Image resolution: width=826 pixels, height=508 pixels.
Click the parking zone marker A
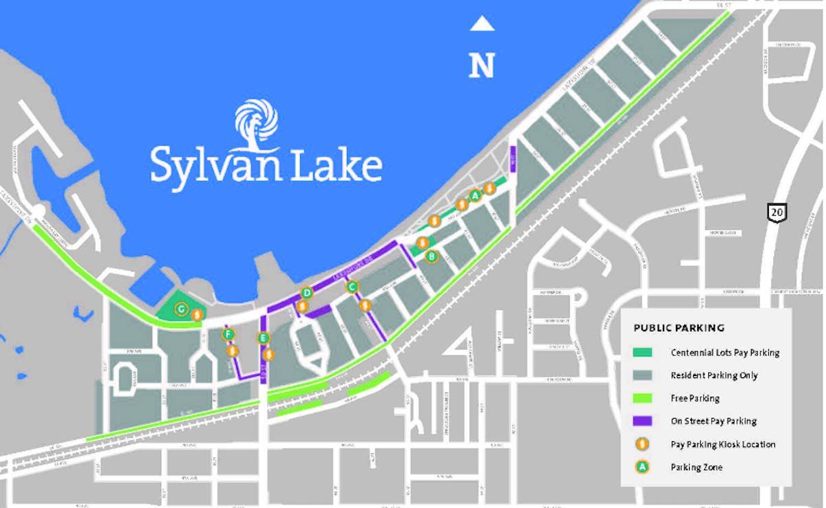pos(474,195)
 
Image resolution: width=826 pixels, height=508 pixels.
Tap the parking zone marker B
pos(432,256)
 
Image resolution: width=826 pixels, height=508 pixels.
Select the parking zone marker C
pos(352,287)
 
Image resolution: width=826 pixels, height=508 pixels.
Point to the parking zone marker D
pos(307,294)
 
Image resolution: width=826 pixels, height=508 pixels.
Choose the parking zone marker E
pos(262,338)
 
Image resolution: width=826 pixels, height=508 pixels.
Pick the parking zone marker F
pos(229,335)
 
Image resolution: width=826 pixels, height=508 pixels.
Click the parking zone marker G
pos(181,309)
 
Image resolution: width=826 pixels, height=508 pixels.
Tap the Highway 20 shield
pos(777,212)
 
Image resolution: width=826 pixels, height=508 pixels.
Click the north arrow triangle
pos(482,24)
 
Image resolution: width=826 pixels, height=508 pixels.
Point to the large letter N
pos(482,65)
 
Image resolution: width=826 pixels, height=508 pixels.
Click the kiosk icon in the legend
pos(642,444)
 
